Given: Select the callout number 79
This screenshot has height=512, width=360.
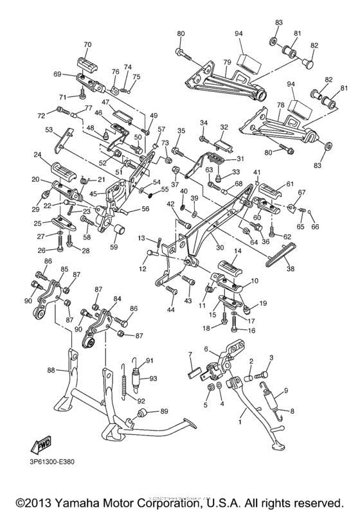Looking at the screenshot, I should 226,62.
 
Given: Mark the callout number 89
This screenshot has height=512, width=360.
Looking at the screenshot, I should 164,410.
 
